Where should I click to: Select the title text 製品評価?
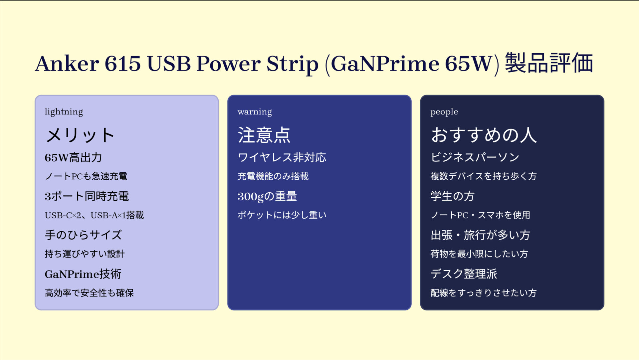(x=549, y=63)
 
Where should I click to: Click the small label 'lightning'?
(x=64, y=112)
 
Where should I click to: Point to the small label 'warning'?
(x=255, y=112)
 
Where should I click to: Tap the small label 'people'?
(x=444, y=112)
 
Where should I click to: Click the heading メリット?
(x=80, y=135)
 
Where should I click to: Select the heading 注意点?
(x=264, y=135)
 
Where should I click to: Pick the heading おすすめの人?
(x=484, y=135)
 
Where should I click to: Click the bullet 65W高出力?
(x=73, y=157)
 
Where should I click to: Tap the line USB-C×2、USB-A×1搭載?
(x=94, y=215)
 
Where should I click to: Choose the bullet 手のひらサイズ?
(x=83, y=235)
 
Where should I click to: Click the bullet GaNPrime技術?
(x=83, y=274)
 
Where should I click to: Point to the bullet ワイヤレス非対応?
(x=282, y=157)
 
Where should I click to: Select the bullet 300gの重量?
(x=267, y=196)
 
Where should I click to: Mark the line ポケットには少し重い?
(x=282, y=215)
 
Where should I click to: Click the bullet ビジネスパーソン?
(x=475, y=157)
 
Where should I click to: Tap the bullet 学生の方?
(x=452, y=196)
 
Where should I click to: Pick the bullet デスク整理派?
(x=464, y=274)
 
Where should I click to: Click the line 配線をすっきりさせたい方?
(x=483, y=293)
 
